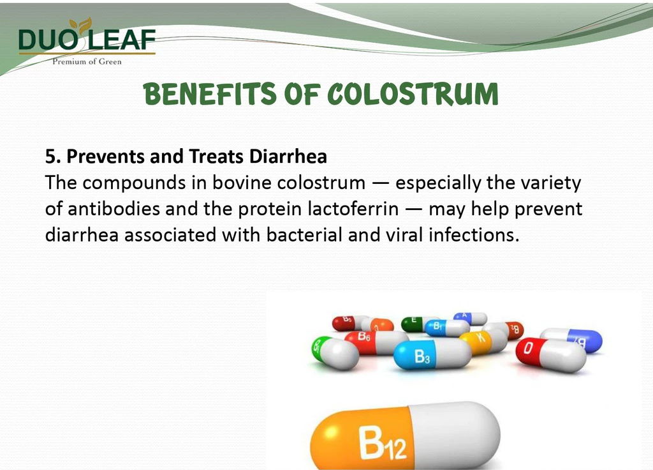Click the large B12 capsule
point(405,436)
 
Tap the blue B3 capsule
point(432,354)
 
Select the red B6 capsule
point(377,342)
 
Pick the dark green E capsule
point(416,324)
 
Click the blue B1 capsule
point(447,328)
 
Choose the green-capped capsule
point(335,352)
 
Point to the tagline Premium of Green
point(87,62)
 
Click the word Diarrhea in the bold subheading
point(288,156)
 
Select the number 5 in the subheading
point(50,157)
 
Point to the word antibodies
point(114,209)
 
